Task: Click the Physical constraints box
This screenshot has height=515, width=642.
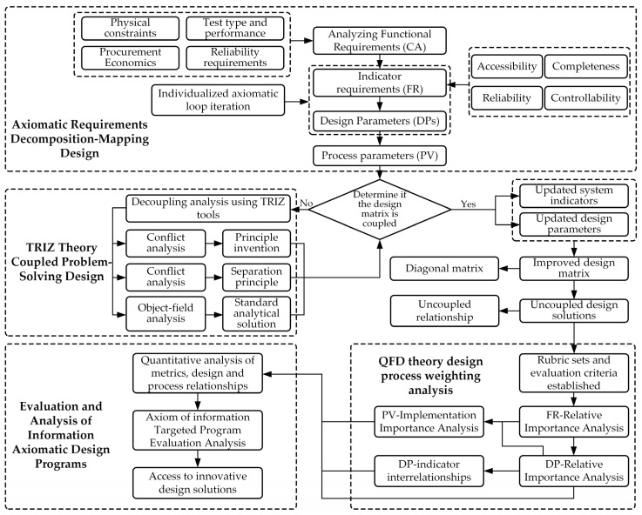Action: click(130, 28)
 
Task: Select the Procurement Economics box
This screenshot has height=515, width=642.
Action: click(130, 57)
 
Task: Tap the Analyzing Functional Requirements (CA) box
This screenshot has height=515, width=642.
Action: click(380, 41)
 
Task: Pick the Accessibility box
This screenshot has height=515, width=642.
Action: click(507, 66)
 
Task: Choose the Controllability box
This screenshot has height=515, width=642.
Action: click(585, 98)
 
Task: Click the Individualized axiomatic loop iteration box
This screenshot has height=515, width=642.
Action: click(218, 100)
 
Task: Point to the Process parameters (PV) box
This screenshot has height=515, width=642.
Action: click(380, 156)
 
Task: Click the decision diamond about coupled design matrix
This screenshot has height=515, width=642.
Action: click(380, 210)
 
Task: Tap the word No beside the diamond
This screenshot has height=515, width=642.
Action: click(307, 204)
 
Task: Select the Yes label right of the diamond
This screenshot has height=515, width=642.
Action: click(468, 204)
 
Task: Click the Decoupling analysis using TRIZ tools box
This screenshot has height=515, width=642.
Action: click(208, 209)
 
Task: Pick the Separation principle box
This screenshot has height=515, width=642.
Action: click(256, 278)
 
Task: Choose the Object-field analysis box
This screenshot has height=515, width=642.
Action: click(166, 313)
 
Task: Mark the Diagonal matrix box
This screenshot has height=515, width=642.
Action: click(444, 269)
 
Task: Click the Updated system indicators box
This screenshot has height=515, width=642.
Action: click(574, 196)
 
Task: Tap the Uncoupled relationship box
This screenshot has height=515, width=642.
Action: click(444, 311)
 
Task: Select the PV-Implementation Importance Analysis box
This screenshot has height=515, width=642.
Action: click(429, 422)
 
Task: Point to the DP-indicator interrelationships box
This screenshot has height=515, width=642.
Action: click(429, 471)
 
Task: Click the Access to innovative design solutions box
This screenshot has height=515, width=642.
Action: click(198, 483)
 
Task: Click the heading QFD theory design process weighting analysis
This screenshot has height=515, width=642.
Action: click(430, 376)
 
